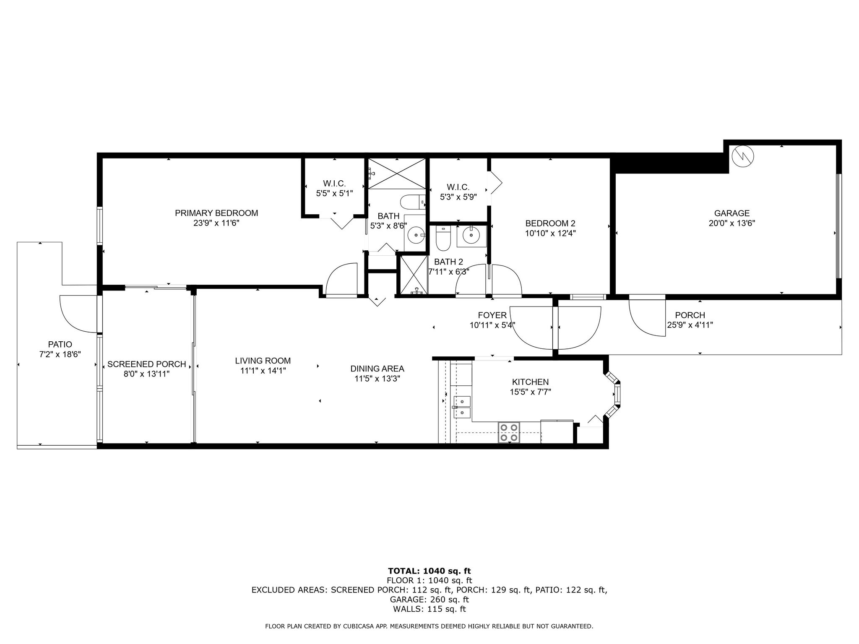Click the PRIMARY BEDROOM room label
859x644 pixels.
click(216, 213)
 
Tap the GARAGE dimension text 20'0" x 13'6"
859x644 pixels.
click(731, 223)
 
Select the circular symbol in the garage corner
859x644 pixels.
click(742, 157)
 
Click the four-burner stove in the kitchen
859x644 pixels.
click(509, 433)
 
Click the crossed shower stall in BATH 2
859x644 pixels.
click(414, 275)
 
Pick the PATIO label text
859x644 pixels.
click(60, 344)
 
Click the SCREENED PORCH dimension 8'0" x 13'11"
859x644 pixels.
click(146, 374)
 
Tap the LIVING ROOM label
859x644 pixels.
click(263, 361)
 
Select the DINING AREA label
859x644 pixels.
click(377, 369)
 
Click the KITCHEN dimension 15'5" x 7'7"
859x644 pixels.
click(530, 392)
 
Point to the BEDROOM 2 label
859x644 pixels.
click(550, 223)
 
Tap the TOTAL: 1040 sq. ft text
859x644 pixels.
click(429, 571)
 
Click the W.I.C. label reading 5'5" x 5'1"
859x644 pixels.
click(334, 193)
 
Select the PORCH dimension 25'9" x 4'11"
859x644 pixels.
click(690, 325)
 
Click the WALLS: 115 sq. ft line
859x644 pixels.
click(429, 609)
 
